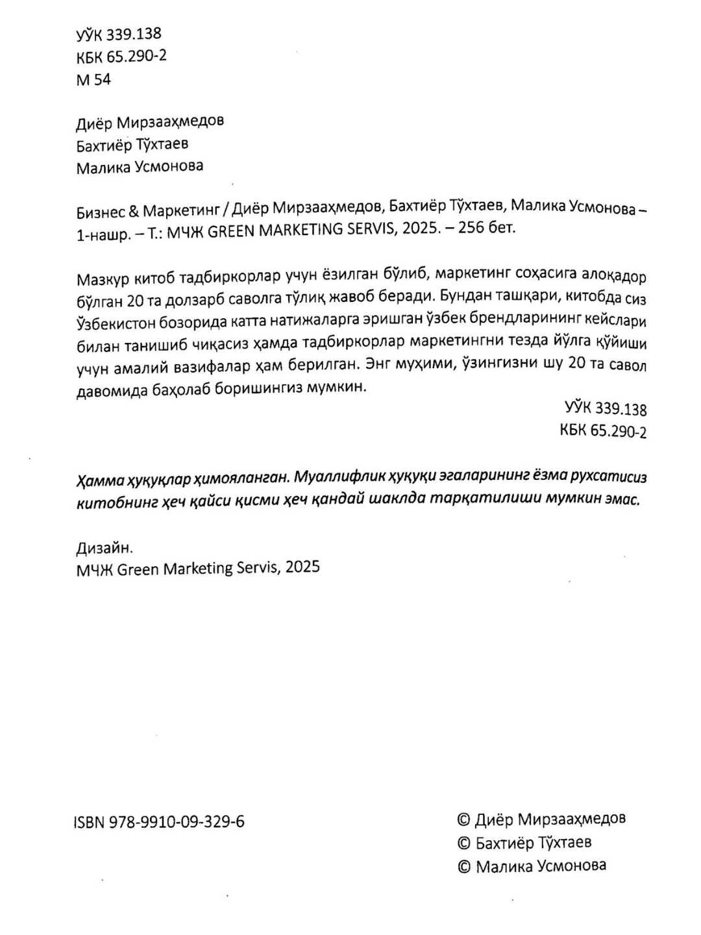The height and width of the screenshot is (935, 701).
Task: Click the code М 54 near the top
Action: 93,79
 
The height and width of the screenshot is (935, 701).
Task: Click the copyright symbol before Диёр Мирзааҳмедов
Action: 464,820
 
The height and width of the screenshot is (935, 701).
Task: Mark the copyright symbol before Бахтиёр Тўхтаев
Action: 464,843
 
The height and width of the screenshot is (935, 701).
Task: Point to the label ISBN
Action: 90,822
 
